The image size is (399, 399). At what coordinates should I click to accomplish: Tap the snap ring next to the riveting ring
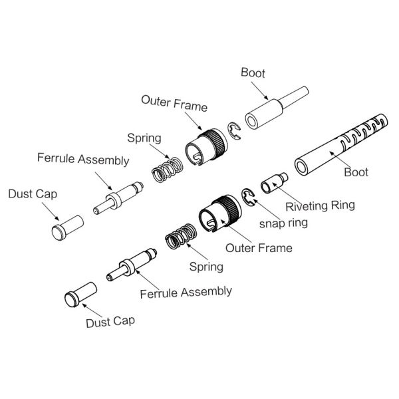(249, 199)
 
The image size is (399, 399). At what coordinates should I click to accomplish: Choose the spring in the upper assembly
(167, 170)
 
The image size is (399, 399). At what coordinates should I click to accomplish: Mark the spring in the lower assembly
(180, 238)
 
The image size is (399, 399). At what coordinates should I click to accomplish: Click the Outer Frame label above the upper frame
(174, 104)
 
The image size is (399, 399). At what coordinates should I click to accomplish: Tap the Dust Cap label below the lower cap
(110, 322)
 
